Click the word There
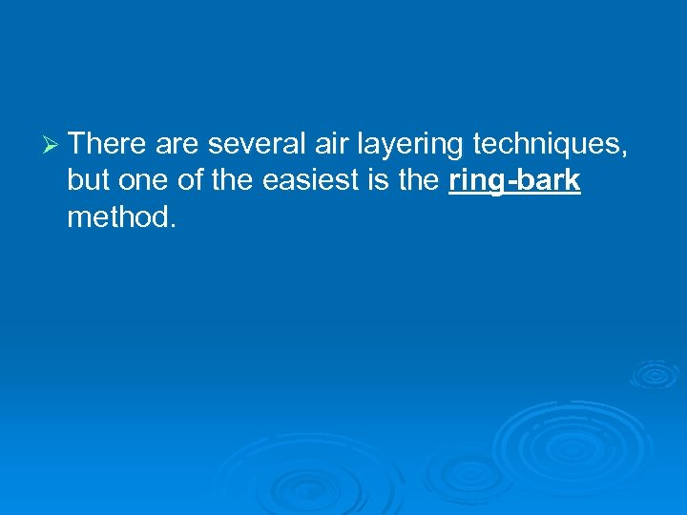(106, 143)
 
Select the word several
(253, 143)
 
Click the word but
(90, 180)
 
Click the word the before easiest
(232, 180)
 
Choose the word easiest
(308, 180)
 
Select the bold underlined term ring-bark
(513, 181)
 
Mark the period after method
(173, 226)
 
